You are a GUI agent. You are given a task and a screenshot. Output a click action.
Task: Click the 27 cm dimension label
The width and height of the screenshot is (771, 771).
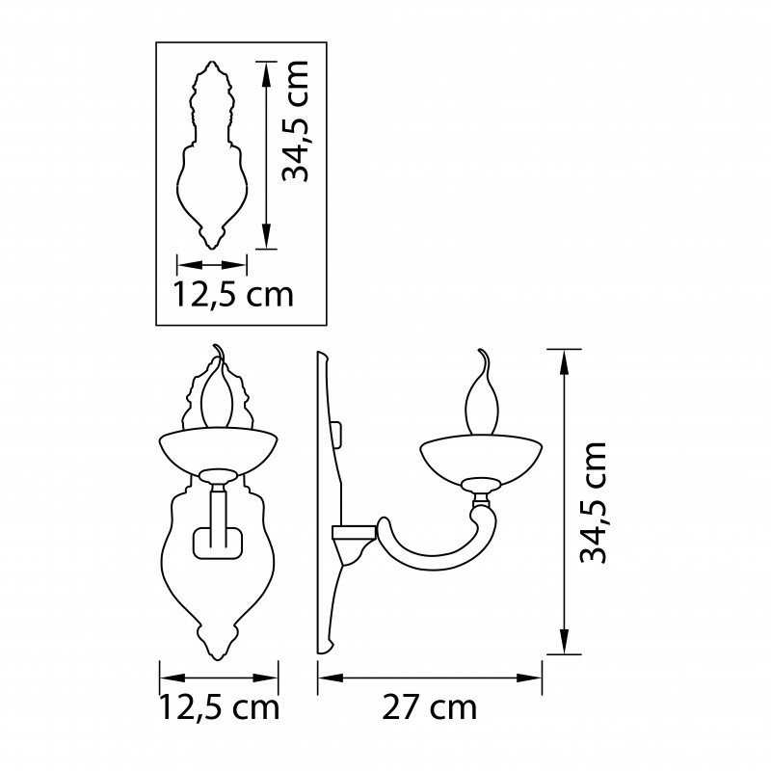point(429,707)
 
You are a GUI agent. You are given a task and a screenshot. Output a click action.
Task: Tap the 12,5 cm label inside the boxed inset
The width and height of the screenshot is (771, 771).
point(233,294)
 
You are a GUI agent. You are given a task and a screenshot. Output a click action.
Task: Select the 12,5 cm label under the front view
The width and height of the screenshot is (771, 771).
point(220,707)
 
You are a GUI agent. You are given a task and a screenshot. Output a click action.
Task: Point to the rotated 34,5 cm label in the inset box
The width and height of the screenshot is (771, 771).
point(295,121)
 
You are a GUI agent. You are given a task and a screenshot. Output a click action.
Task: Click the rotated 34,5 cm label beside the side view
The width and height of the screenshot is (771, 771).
point(593,501)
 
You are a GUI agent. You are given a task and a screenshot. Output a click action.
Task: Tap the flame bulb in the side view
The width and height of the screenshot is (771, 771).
point(482,393)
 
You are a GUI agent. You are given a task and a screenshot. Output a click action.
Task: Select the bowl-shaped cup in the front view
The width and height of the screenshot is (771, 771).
point(219,449)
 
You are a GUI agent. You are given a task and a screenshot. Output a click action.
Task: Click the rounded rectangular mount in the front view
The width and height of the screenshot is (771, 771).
point(218,544)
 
